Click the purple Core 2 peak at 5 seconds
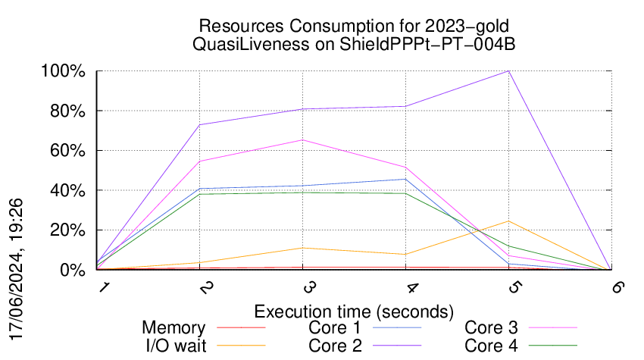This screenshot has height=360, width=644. coord(509,71)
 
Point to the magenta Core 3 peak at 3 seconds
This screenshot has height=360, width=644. coord(303,140)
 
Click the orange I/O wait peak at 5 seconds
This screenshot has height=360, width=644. coord(509,221)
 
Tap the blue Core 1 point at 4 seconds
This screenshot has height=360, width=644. coord(406,180)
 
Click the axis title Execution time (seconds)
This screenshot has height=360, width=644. coord(354,311)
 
